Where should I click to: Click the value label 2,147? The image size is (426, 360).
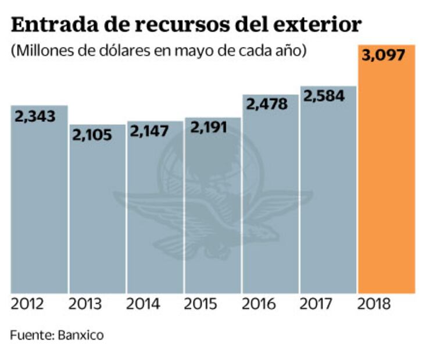click(149, 131)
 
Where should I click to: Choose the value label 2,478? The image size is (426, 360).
click(267, 105)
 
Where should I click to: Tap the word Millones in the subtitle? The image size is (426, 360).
click(41, 51)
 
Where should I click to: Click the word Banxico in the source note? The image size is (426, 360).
click(80, 336)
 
